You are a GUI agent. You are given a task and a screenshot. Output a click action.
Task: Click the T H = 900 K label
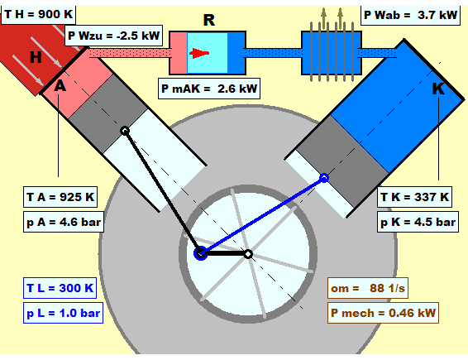39,14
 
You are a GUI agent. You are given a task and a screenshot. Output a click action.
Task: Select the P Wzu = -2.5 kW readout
113,36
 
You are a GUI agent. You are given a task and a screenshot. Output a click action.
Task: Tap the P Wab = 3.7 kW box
410,15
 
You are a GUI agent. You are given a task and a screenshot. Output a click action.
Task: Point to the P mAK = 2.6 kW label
209,89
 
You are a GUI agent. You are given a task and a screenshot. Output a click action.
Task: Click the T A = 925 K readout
60,197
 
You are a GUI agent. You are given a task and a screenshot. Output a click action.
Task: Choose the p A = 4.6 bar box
64,222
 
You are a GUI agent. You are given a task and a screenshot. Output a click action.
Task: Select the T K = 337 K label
414,197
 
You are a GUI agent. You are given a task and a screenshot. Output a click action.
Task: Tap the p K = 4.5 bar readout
418,222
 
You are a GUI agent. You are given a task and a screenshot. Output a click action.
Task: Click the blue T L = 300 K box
60,288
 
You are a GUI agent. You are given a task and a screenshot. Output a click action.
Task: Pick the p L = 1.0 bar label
64,313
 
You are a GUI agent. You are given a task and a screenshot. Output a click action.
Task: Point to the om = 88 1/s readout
368,288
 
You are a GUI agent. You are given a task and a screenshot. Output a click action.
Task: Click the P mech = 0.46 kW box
383,313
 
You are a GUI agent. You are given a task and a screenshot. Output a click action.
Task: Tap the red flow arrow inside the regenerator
199,53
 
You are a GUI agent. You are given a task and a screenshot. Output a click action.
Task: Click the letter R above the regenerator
209,21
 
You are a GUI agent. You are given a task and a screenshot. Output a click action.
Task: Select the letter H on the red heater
36,57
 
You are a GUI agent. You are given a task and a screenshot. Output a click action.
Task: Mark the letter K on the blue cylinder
438,89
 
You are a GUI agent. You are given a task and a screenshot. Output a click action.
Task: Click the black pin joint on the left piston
125,131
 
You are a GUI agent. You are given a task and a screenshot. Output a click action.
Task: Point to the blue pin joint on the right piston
324,178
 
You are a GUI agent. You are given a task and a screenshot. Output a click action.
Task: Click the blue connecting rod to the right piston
262,216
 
